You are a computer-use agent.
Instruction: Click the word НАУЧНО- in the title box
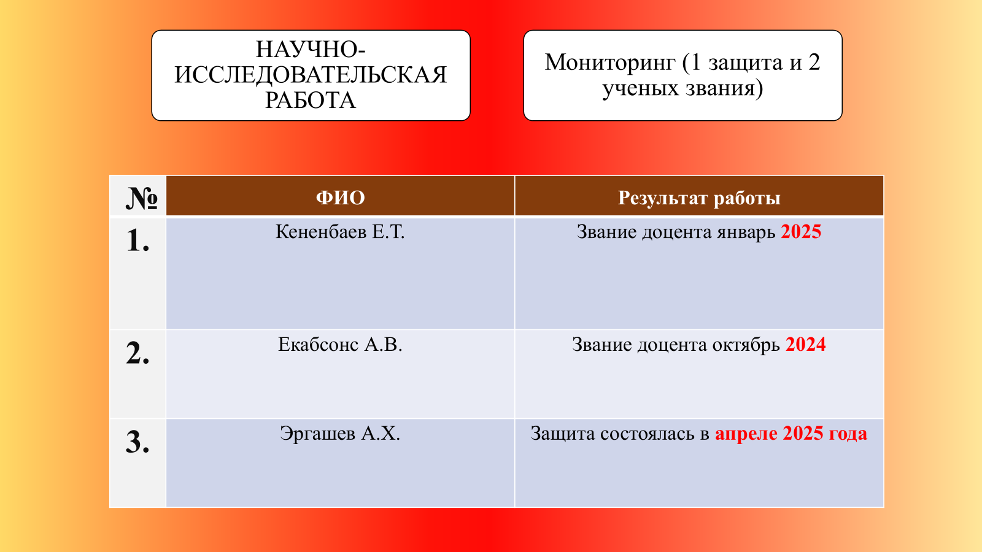click(x=311, y=49)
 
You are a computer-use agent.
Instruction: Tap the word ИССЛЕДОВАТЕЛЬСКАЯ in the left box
click(x=311, y=74)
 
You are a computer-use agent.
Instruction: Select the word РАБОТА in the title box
click(x=311, y=100)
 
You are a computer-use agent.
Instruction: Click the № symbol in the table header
click(x=142, y=198)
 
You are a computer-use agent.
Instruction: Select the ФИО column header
click(x=340, y=197)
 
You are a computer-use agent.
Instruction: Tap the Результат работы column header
click(x=699, y=198)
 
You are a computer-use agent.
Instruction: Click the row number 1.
click(x=137, y=240)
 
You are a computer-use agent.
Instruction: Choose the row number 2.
click(x=137, y=353)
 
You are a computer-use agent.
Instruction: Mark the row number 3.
click(x=137, y=442)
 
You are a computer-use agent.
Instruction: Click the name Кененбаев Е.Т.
click(x=340, y=232)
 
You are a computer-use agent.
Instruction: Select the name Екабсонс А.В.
click(x=340, y=344)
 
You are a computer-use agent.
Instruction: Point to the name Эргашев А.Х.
click(x=340, y=434)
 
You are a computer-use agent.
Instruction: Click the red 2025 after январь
click(x=801, y=232)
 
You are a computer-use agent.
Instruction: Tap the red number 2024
click(x=805, y=344)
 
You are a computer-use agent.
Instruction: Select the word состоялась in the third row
click(x=647, y=434)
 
